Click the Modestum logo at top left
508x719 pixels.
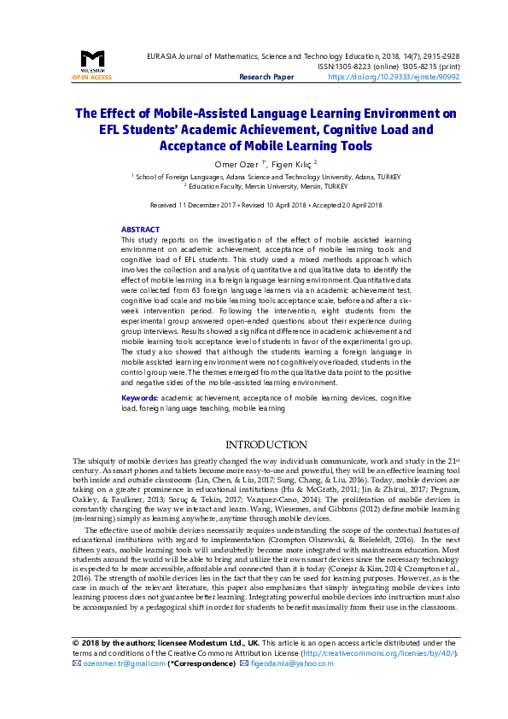[91, 61]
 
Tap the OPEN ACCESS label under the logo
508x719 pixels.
[91, 77]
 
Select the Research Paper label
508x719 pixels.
[266, 77]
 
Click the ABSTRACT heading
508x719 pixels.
[140, 230]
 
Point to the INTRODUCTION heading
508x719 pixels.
[266, 445]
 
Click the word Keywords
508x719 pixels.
[138, 398]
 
